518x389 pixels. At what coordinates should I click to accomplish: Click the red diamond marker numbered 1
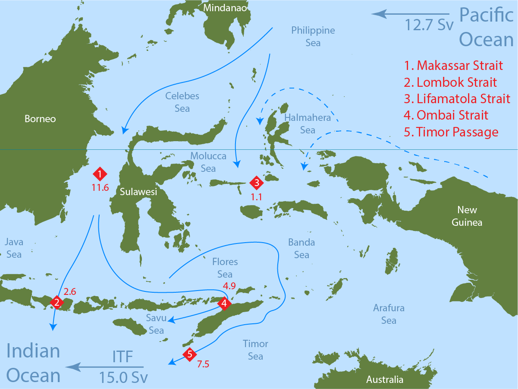pyautogui.click(x=100, y=174)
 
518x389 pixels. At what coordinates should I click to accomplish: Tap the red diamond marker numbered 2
pyautogui.click(x=57, y=303)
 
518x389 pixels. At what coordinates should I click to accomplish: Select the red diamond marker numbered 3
pyautogui.click(x=257, y=183)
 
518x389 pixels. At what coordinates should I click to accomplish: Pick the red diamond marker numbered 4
pyautogui.click(x=224, y=304)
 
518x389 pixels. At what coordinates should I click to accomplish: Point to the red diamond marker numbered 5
pyautogui.click(x=189, y=354)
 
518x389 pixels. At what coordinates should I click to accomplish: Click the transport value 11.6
pyautogui.click(x=100, y=187)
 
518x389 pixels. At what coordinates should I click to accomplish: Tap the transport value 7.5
pyautogui.click(x=203, y=364)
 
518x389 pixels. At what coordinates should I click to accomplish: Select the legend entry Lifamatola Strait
pyautogui.click(x=457, y=98)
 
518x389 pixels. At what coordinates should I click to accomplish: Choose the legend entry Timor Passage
pyautogui.click(x=451, y=132)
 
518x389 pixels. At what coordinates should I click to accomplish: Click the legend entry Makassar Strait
pyautogui.click(x=454, y=66)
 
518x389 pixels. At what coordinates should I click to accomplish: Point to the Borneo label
pyautogui.click(x=40, y=119)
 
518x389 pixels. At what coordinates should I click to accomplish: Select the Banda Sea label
pyautogui.click(x=301, y=248)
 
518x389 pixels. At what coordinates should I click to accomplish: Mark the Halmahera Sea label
pyautogui.click(x=308, y=123)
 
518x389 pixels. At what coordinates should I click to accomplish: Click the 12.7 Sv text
pyautogui.click(x=429, y=25)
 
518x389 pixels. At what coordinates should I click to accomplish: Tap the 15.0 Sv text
pyautogui.click(x=123, y=377)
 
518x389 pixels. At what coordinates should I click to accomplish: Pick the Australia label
pyautogui.click(x=385, y=380)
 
